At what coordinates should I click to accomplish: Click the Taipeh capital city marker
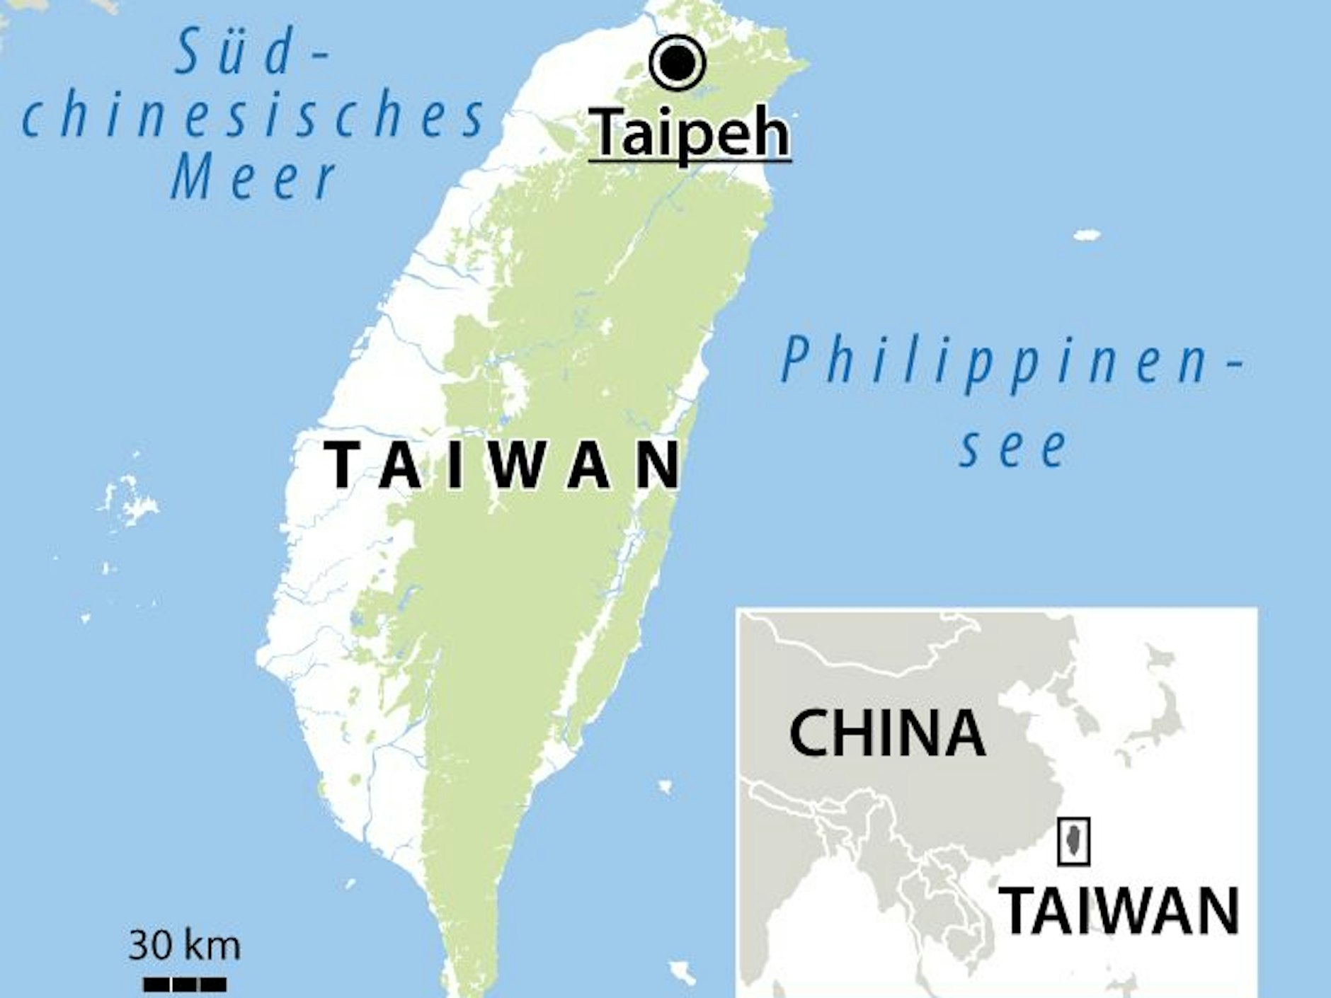[678, 64]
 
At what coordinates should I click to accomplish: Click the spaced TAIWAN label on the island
[503, 465]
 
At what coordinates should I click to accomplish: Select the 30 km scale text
[184, 946]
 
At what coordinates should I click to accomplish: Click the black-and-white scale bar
[185, 983]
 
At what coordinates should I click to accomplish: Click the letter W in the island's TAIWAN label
[513, 465]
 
